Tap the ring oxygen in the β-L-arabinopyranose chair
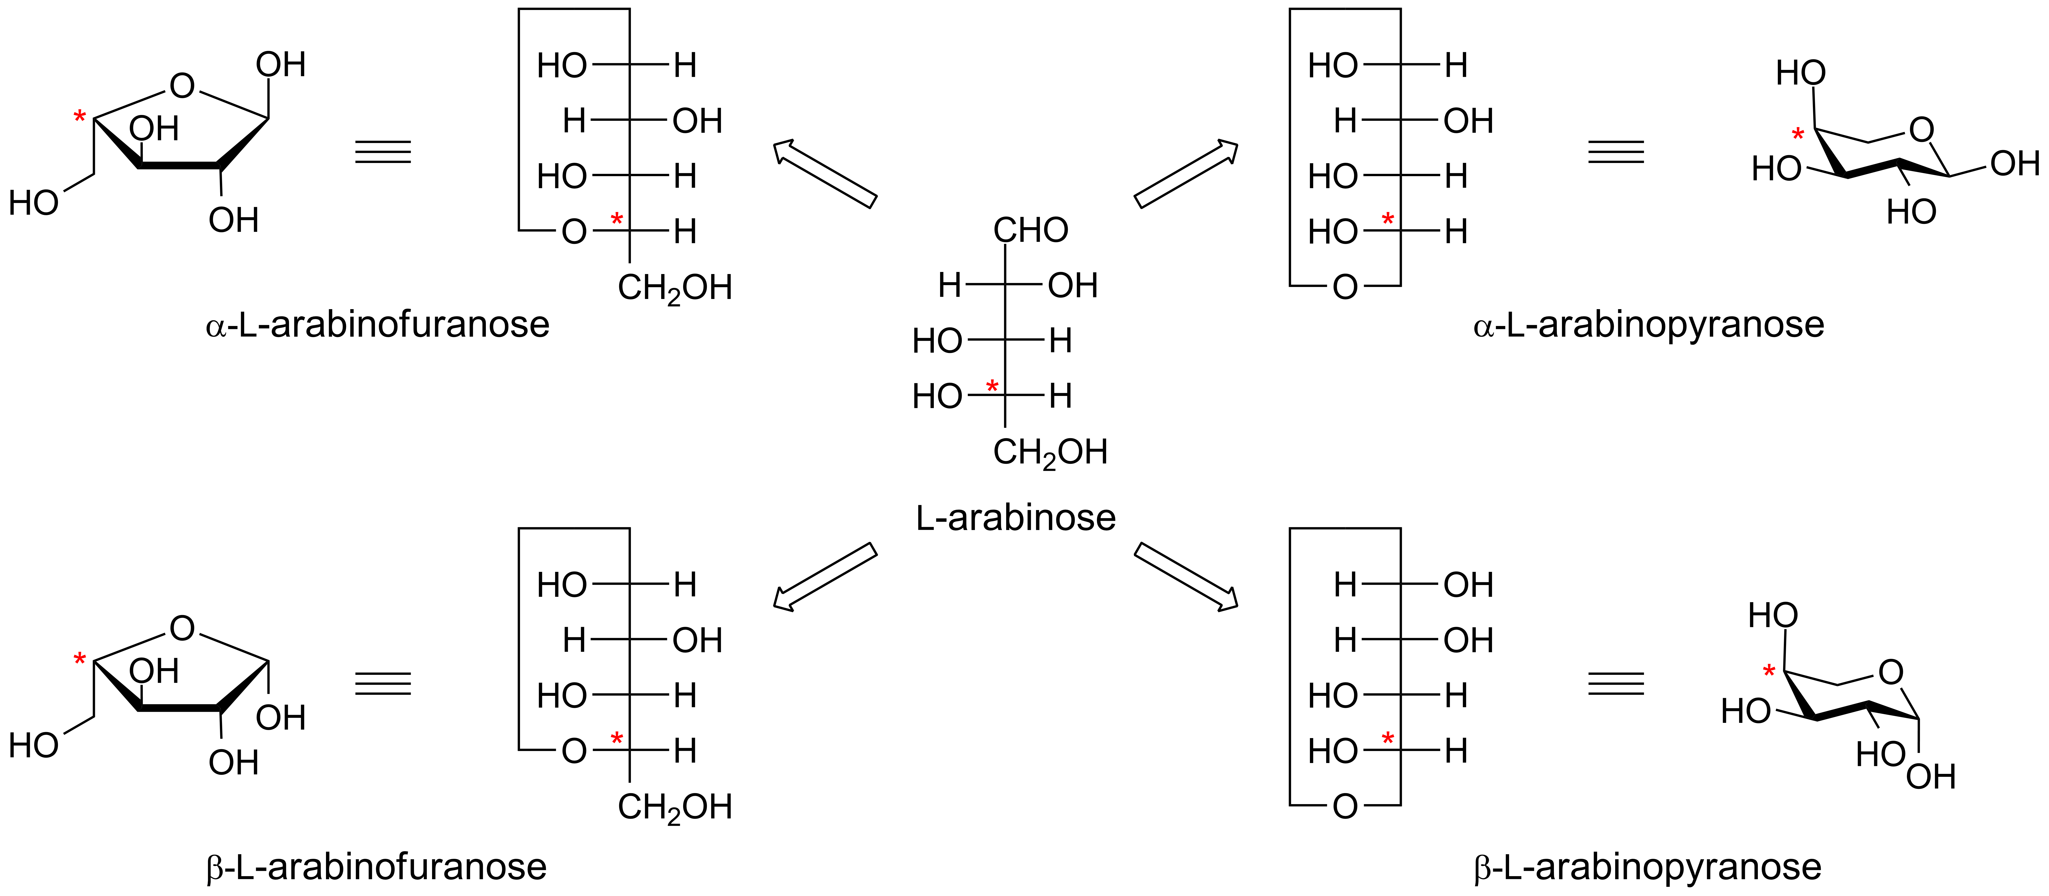(x=1891, y=673)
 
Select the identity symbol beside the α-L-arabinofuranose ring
(x=383, y=152)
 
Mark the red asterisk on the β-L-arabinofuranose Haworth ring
(x=79, y=659)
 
